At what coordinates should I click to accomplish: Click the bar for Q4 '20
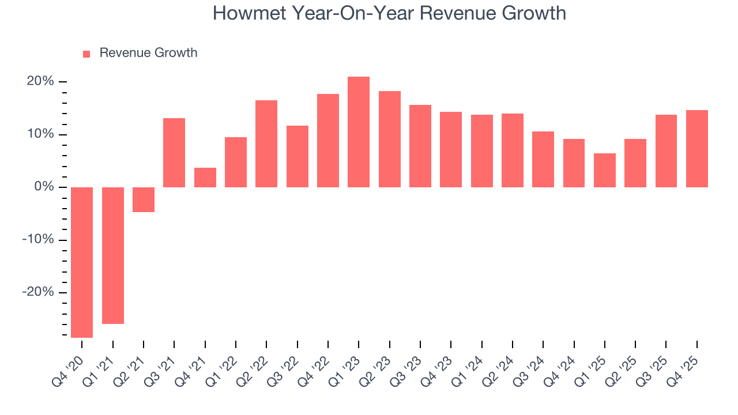(x=82, y=262)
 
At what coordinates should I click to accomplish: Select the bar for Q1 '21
(x=113, y=255)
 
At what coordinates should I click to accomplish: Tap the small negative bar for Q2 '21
(x=144, y=199)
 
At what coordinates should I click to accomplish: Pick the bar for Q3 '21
(x=174, y=153)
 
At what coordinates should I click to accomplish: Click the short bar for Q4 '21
(x=205, y=178)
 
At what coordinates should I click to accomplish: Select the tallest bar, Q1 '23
(x=359, y=132)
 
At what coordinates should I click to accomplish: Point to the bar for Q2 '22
(x=266, y=144)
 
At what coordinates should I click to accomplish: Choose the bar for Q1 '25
(x=605, y=170)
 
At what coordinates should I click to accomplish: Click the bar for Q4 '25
(x=696, y=149)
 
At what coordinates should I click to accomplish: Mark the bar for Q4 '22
(x=328, y=141)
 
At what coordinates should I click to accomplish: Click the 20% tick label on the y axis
(x=40, y=81)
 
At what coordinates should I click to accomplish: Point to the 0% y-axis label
(x=44, y=187)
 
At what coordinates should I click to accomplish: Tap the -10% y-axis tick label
(x=38, y=240)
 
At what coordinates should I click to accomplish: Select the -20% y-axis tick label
(x=38, y=292)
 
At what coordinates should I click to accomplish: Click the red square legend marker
(x=86, y=54)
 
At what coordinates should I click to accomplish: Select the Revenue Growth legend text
(x=148, y=53)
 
